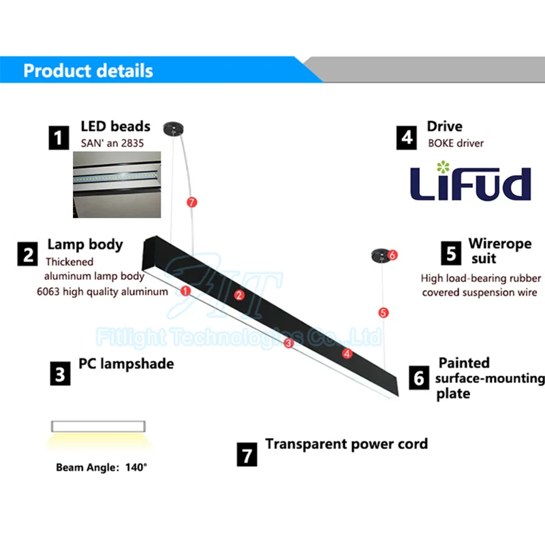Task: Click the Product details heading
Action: (89, 71)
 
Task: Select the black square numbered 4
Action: (407, 138)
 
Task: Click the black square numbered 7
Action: (247, 454)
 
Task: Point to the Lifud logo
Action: (469, 182)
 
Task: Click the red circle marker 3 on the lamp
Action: (288, 343)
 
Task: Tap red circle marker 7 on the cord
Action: (191, 202)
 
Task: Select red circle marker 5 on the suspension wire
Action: (384, 313)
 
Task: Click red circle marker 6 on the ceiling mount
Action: (392, 255)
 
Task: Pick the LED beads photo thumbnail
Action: (117, 185)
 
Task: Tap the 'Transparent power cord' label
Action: (346, 444)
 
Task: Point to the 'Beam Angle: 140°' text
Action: (102, 467)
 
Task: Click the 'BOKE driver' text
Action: (456, 143)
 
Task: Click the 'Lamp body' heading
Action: (85, 245)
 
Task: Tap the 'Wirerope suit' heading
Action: (499, 251)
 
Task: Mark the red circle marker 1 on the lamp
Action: (185, 290)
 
